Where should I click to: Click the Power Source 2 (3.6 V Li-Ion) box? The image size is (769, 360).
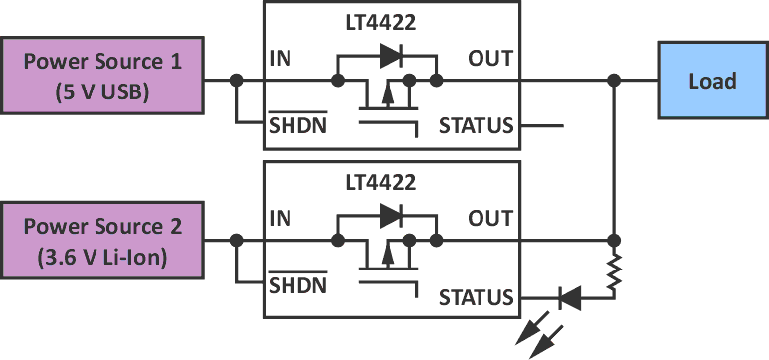pyautogui.click(x=102, y=241)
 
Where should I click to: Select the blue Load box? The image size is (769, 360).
pyautogui.click(x=712, y=80)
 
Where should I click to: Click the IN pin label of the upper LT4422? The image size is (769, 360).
pyautogui.click(x=282, y=59)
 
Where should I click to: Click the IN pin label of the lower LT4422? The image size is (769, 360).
pyautogui.click(x=282, y=219)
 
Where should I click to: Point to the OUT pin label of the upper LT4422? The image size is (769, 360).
pyautogui.click(x=490, y=59)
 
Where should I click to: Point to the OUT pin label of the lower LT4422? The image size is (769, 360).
pyautogui.click(x=490, y=219)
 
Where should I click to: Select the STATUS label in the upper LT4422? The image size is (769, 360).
pyautogui.click(x=476, y=125)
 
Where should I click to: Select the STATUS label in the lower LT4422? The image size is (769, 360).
pyautogui.click(x=476, y=297)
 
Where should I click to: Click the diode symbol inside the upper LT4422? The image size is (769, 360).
pyautogui.click(x=390, y=53)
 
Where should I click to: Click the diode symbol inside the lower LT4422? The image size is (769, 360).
pyautogui.click(x=390, y=213)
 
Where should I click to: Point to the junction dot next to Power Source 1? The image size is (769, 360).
pyautogui.click(x=236, y=80)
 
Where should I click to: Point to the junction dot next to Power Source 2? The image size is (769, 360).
pyautogui.click(x=236, y=241)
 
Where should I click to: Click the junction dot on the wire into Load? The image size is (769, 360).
pyautogui.click(x=615, y=80)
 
